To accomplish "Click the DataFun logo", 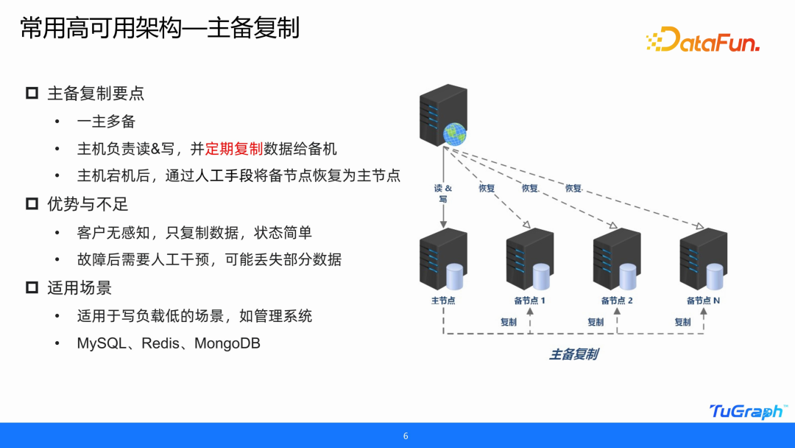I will pos(702,41).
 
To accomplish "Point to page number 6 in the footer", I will pos(406,435).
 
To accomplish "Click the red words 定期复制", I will pos(234,149).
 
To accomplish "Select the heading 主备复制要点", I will pos(96,94).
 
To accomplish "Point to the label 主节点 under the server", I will pos(443,301).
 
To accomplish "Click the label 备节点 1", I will pos(529,301).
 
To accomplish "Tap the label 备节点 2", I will pos(617,301).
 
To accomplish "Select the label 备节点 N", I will pos(703,301).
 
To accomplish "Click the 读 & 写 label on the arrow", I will pos(443,193).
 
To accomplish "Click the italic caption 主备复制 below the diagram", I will pos(573,354).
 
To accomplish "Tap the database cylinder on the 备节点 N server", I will pos(715,276).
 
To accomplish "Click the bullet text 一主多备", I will pos(106,122).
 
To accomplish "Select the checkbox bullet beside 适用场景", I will pos(32,287).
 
